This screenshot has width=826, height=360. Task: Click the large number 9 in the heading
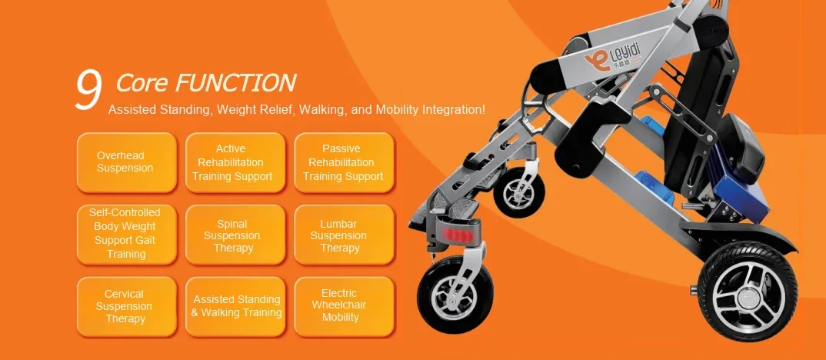[x=88, y=90]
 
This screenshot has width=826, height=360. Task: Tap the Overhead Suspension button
[x=126, y=162]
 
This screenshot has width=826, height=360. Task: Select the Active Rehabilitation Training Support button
[x=233, y=162]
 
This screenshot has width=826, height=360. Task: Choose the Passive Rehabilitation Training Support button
[x=343, y=162]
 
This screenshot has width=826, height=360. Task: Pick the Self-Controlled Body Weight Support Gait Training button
[x=126, y=233]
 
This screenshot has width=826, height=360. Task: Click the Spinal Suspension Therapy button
[x=233, y=235]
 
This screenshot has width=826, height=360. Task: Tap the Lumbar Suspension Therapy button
[x=343, y=235]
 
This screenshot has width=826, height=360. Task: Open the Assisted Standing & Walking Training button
[x=236, y=305]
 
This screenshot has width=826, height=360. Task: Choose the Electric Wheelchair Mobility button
[x=343, y=305]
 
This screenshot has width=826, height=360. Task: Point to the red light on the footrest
[x=460, y=233]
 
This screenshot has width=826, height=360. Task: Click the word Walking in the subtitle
[x=322, y=109]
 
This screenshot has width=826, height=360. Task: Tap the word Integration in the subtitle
[x=455, y=109]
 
